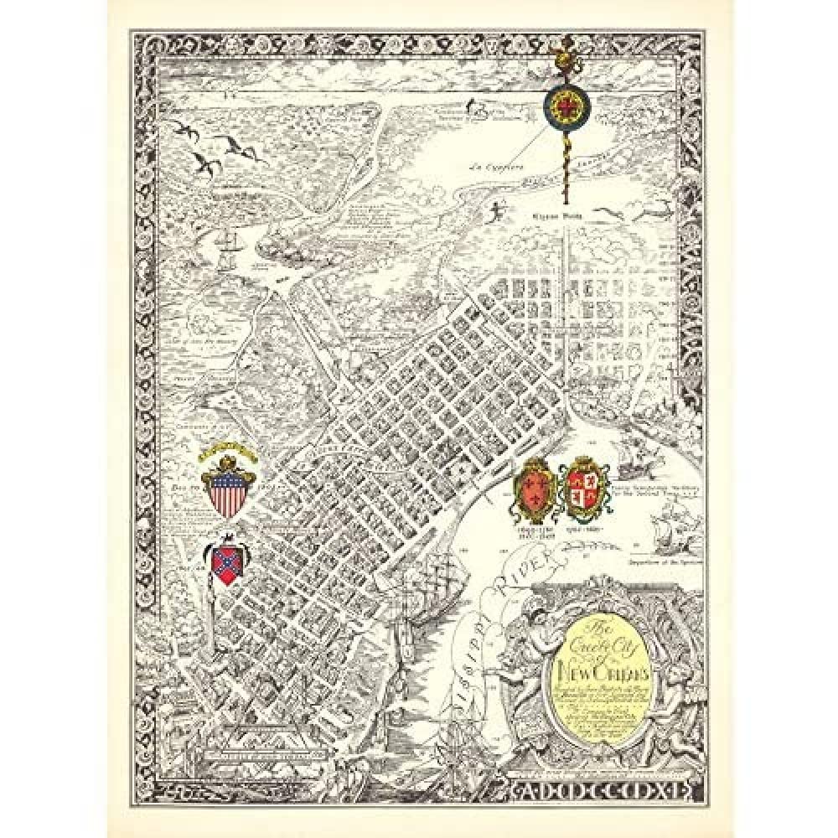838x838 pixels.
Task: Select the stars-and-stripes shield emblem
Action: click(226, 494)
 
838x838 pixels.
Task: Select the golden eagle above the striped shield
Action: click(227, 460)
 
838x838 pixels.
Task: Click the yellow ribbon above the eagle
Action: click(226, 448)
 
